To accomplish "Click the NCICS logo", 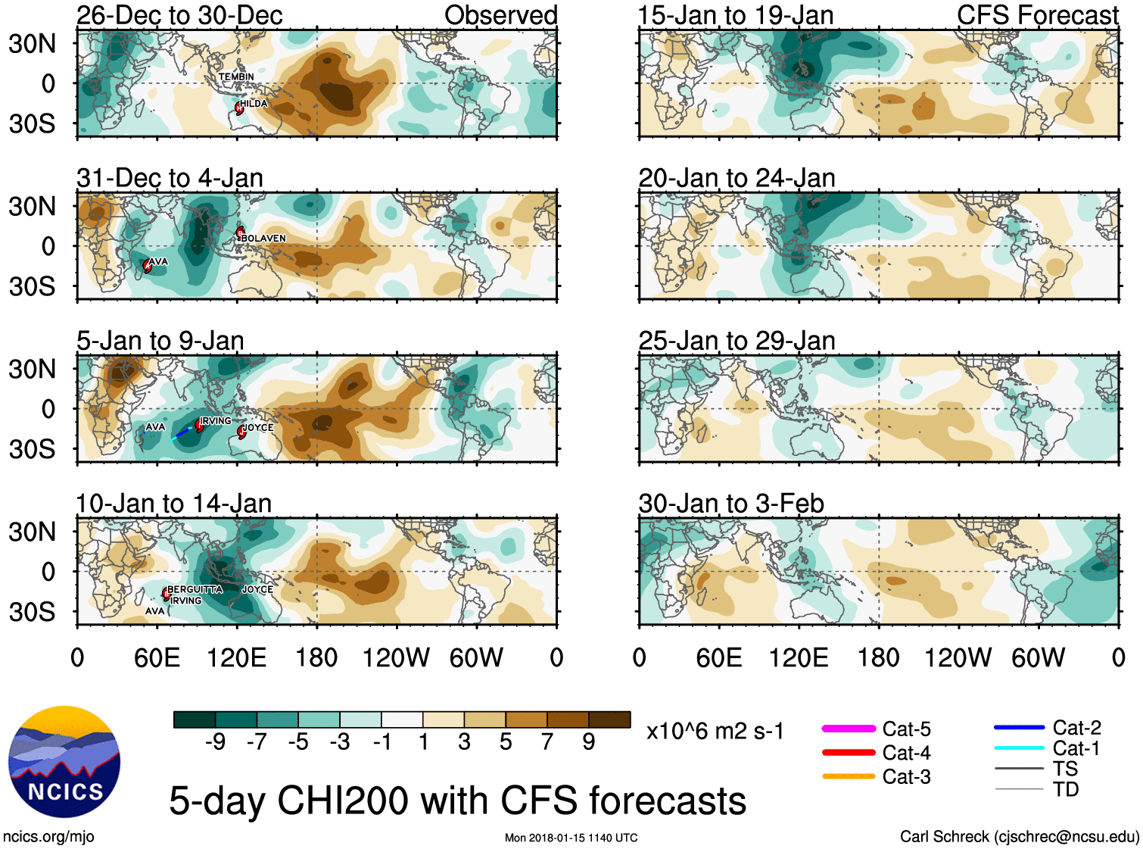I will coord(64,762).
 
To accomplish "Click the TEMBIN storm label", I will coord(236,76).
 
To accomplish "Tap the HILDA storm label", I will coord(254,104).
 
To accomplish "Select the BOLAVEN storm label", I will coord(263,238).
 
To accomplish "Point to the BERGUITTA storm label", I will coord(195,589).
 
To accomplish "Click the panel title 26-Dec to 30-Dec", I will coord(179,15).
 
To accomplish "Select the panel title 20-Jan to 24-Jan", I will coord(737,178).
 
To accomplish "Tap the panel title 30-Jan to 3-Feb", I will coord(730,504).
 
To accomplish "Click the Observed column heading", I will coord(500,15).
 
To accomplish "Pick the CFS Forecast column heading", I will coord(1037,15).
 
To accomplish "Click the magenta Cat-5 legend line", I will coord(849,729).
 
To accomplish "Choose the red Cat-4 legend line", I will coord(849,753).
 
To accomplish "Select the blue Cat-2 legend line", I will coord(1019,728).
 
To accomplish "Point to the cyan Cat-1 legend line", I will coord(1019,748).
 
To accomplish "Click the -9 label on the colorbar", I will coord(215,742).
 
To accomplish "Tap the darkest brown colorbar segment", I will coord(609,719).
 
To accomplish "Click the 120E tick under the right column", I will coord(799,657).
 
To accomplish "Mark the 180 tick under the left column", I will coord(316,657).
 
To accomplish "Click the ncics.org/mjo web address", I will coord(48,837).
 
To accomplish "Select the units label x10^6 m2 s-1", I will coord(715,732).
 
